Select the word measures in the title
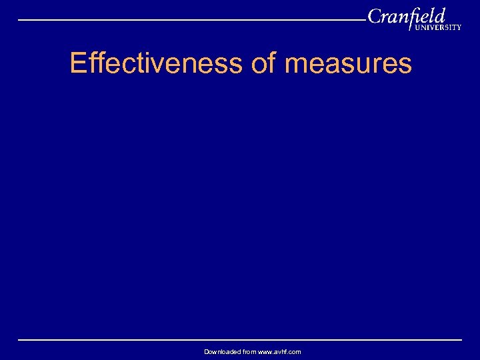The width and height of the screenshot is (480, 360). [348, 64]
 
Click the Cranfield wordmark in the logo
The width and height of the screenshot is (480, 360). [406, 16]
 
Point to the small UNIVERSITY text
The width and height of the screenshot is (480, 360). [437, 28]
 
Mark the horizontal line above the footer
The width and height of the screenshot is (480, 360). [240, 340]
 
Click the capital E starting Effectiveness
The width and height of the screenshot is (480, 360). [78, 64]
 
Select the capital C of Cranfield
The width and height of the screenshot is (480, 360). [375, 16]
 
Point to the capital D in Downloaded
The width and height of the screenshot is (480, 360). [207, 351]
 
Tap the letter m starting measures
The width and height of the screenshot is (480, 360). [295, 66]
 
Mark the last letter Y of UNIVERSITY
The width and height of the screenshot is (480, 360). [458, 28]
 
